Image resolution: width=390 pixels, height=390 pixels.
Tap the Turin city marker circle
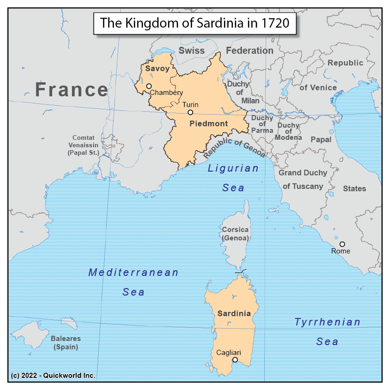pyautogui.click(x=190, y=112)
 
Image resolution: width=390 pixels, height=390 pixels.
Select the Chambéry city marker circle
pyautogui.click(x=149, y=86)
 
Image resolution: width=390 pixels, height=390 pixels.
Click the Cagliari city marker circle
pyautogui.click(x=235, y=360)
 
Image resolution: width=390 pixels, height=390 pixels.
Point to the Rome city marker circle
pyautogui.click(x=342, y=244)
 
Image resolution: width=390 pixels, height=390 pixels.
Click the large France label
pyautogui.click(x=72, y=89)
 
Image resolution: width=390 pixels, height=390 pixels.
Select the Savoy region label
pyautogui.click(x=157, y=69)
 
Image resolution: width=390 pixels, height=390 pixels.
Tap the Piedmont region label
pyautogui.click(x=209, y=124)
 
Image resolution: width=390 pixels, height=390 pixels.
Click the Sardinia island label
pyautogui.click(x=234, y=313)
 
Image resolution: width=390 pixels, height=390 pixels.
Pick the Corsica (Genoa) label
pyautogui.click(x=235, y=234)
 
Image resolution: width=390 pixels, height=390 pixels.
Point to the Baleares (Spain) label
pyautogui.click(x=65, y=343)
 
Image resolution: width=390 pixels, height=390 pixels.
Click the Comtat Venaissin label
pyautogui.click(x=83, y=145)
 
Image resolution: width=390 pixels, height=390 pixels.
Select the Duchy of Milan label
pyautogui.click(x=238, y=92)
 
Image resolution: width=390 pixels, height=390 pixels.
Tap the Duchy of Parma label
pyautogui.click(x=262, y=124)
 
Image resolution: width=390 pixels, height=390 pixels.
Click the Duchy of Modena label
pyautogui.click(x=288, y=131)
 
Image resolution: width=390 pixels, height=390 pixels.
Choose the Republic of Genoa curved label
pyautogui.click(x=234, y=149)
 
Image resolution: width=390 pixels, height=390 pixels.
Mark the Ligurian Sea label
pyautogui.click(x=233, y=178)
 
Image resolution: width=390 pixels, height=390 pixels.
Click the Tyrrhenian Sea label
pyautogui.click(x=327, y=332)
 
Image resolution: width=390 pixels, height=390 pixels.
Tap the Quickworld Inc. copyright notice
pyautogui.click(x=53, y=376)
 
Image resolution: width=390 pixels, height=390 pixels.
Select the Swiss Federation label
pyautogui.click(x=225, y=51)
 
